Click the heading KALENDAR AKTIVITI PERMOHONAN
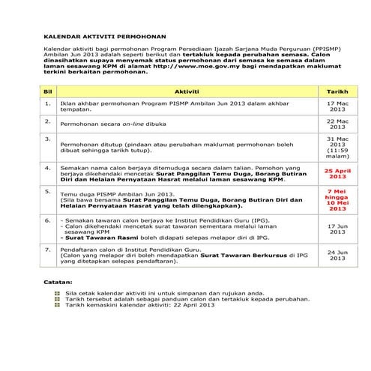point(104,35)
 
